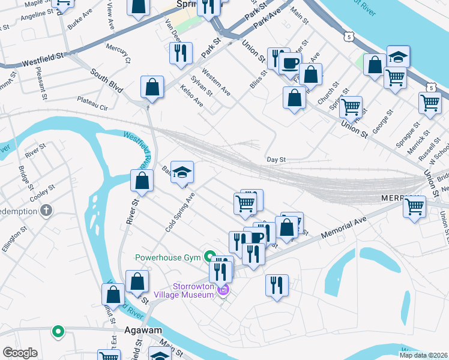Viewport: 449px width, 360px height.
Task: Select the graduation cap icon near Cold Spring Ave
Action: (x=182, y=173)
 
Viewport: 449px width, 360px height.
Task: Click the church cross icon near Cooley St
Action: (x=46, y=211)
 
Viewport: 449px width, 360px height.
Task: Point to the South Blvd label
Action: (x=107, y=80)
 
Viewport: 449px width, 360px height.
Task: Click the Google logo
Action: (x=20, y=353)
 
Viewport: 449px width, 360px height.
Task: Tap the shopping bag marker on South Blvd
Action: (x=152, y=87)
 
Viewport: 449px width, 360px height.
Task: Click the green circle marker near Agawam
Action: (x=58, y=331)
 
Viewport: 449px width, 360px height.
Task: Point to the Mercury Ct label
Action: (x=118, y=52)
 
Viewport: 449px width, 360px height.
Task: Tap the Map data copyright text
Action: (x=423, y=355)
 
